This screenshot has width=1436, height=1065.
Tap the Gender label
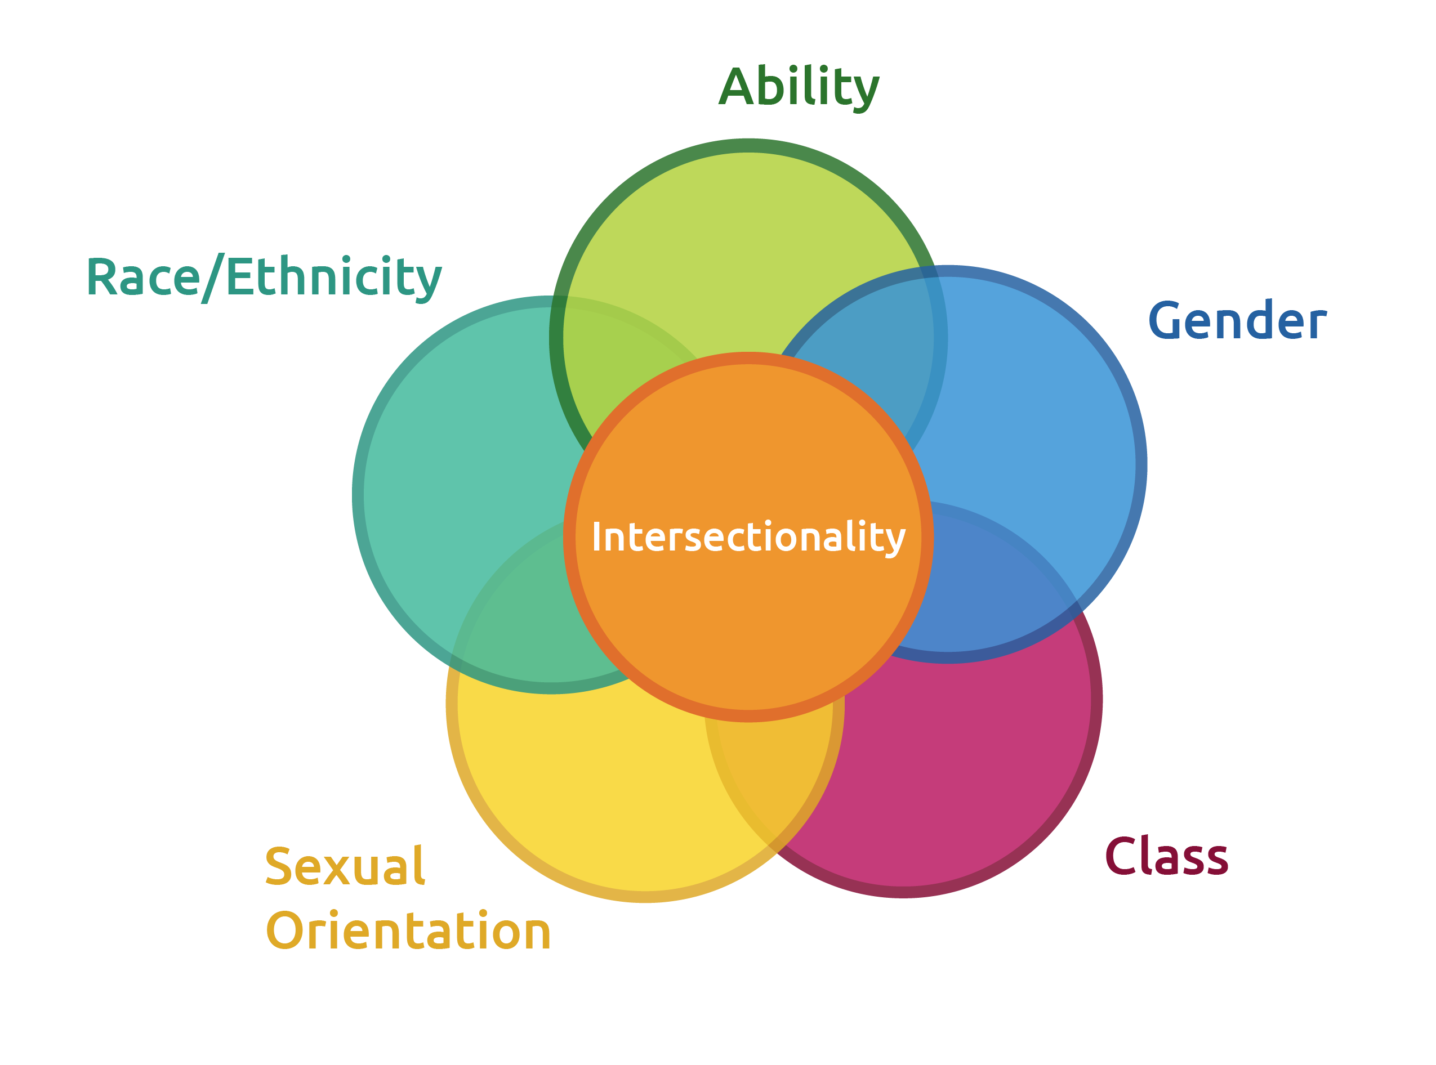1237,320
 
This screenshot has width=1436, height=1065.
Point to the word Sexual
345,866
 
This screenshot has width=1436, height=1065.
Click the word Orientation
408,931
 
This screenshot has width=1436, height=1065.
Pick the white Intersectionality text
748,536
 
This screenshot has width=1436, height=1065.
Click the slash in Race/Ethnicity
213,277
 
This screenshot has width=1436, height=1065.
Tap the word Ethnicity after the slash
334,277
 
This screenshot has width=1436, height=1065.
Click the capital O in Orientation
285,931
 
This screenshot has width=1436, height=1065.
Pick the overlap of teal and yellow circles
516,619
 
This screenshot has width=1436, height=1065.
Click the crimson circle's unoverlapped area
955,773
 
